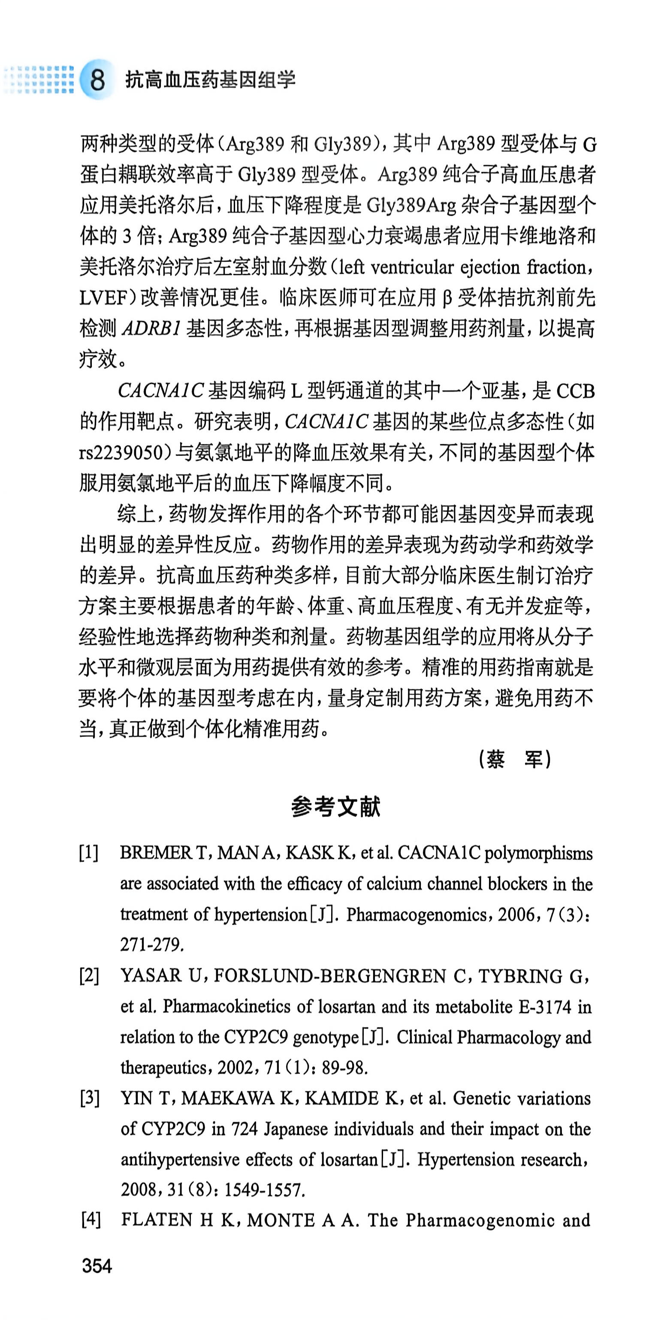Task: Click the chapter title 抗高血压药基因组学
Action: point(211,80)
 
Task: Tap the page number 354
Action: point(97,1266)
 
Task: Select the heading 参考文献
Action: point(335,807)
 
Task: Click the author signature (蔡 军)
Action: point(514,759)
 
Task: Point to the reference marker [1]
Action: point(89,853)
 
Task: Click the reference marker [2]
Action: point(89,976)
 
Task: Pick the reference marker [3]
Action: point(89,1098)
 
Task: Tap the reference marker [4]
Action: point(90,1220)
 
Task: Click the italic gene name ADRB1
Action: point(151,328)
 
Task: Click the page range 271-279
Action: point(151,945)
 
